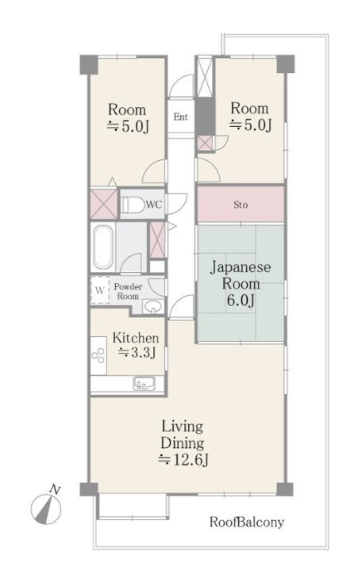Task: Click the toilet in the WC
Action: (131, 205)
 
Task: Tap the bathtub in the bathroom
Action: (103, 247)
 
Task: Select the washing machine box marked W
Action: (99, 290)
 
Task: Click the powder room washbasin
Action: (153, 307)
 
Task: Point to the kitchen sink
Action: (144, 384)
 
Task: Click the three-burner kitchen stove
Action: (98, 355)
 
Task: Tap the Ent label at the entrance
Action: (180, 117)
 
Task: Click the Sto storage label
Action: (241, 205)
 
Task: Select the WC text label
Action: (154, 205)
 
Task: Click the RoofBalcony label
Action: (247, 522)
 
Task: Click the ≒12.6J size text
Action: (183, 459)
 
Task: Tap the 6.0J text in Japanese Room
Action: (241, 300)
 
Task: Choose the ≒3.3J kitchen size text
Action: (137, 353)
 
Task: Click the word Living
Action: (183, 427)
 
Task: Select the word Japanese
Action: (241, 268)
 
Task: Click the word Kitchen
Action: (136, 338)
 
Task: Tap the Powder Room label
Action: (128, 291)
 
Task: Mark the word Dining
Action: (183, 444)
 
